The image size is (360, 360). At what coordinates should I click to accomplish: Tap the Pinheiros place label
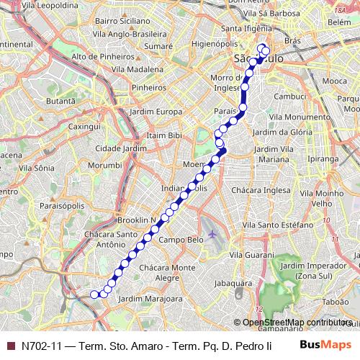click(x=149, y=87)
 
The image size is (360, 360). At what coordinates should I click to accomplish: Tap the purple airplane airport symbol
click(x=213, y=235)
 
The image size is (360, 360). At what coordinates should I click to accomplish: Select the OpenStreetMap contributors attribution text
click(x=296, y=323)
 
